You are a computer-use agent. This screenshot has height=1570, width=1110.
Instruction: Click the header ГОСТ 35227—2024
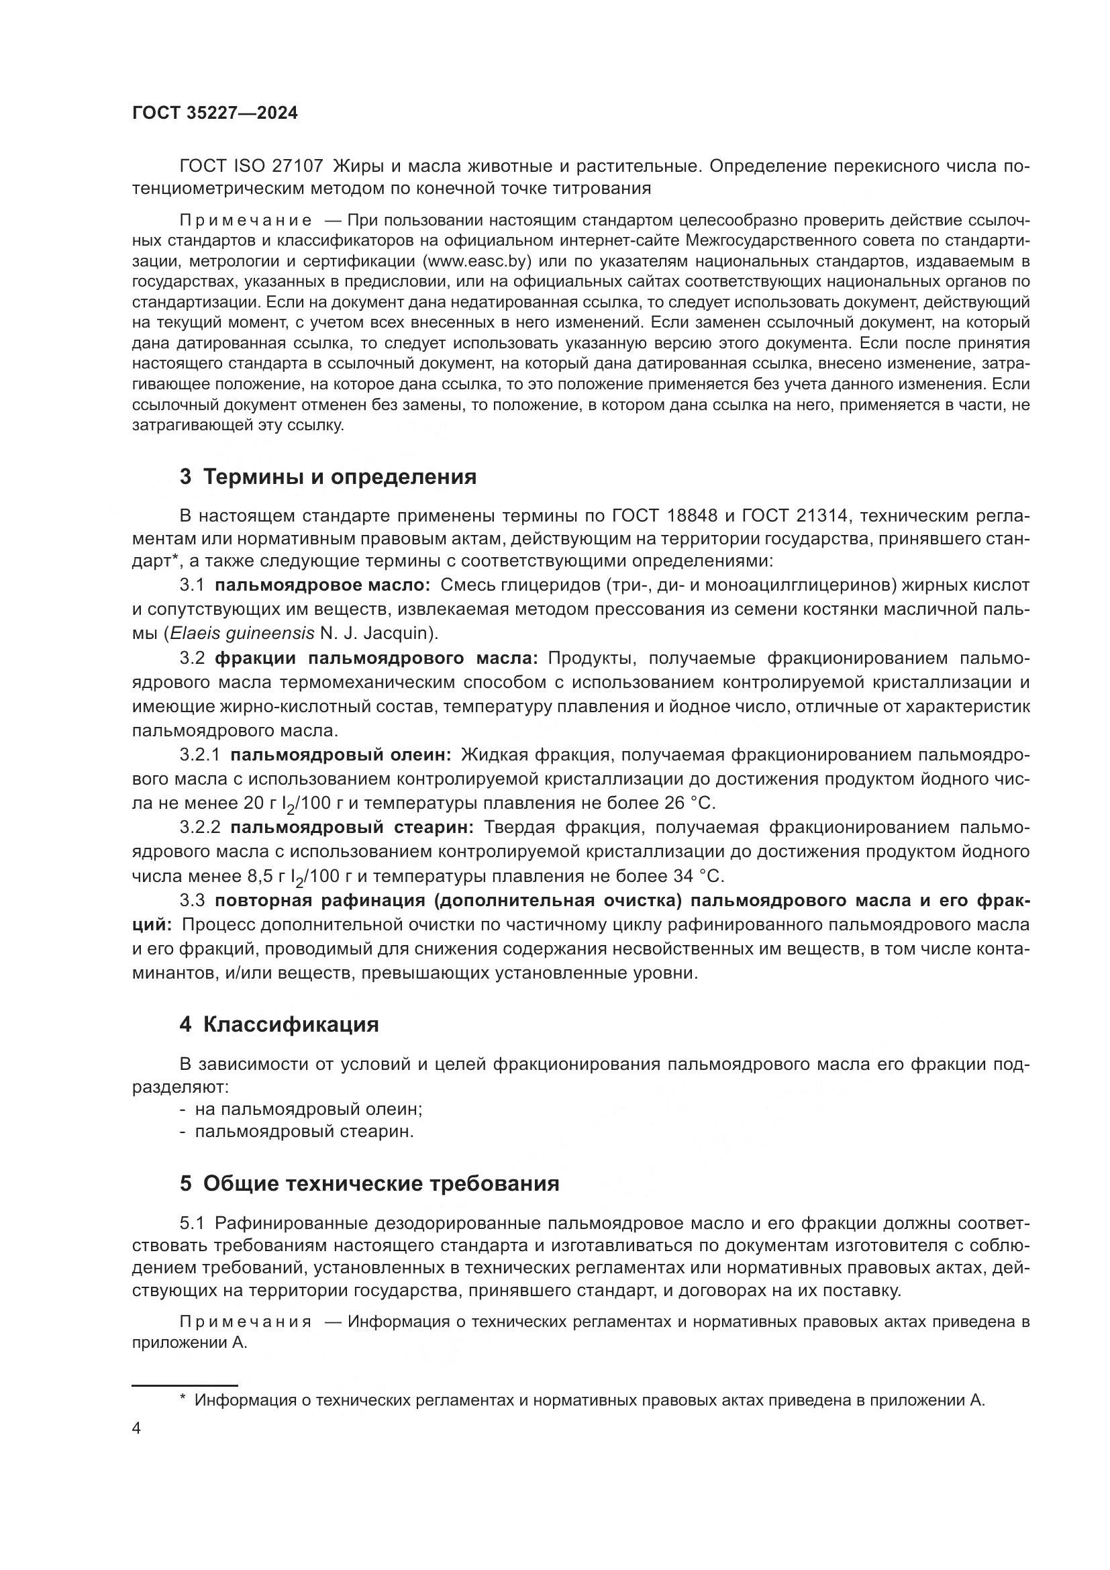point(215,113)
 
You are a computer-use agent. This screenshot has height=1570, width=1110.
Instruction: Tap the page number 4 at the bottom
point(137,1428)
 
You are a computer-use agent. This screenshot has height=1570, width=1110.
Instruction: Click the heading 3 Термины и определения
point(328,477)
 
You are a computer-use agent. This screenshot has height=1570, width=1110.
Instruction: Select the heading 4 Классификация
point(279,1024)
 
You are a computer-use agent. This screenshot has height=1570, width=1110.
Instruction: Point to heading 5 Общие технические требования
point(369,1183)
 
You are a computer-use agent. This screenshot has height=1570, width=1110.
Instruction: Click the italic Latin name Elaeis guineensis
point(242,633)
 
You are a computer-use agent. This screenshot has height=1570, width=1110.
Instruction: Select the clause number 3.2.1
point(199,755)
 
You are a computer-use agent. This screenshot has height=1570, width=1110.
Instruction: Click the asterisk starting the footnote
point(183,1399)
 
